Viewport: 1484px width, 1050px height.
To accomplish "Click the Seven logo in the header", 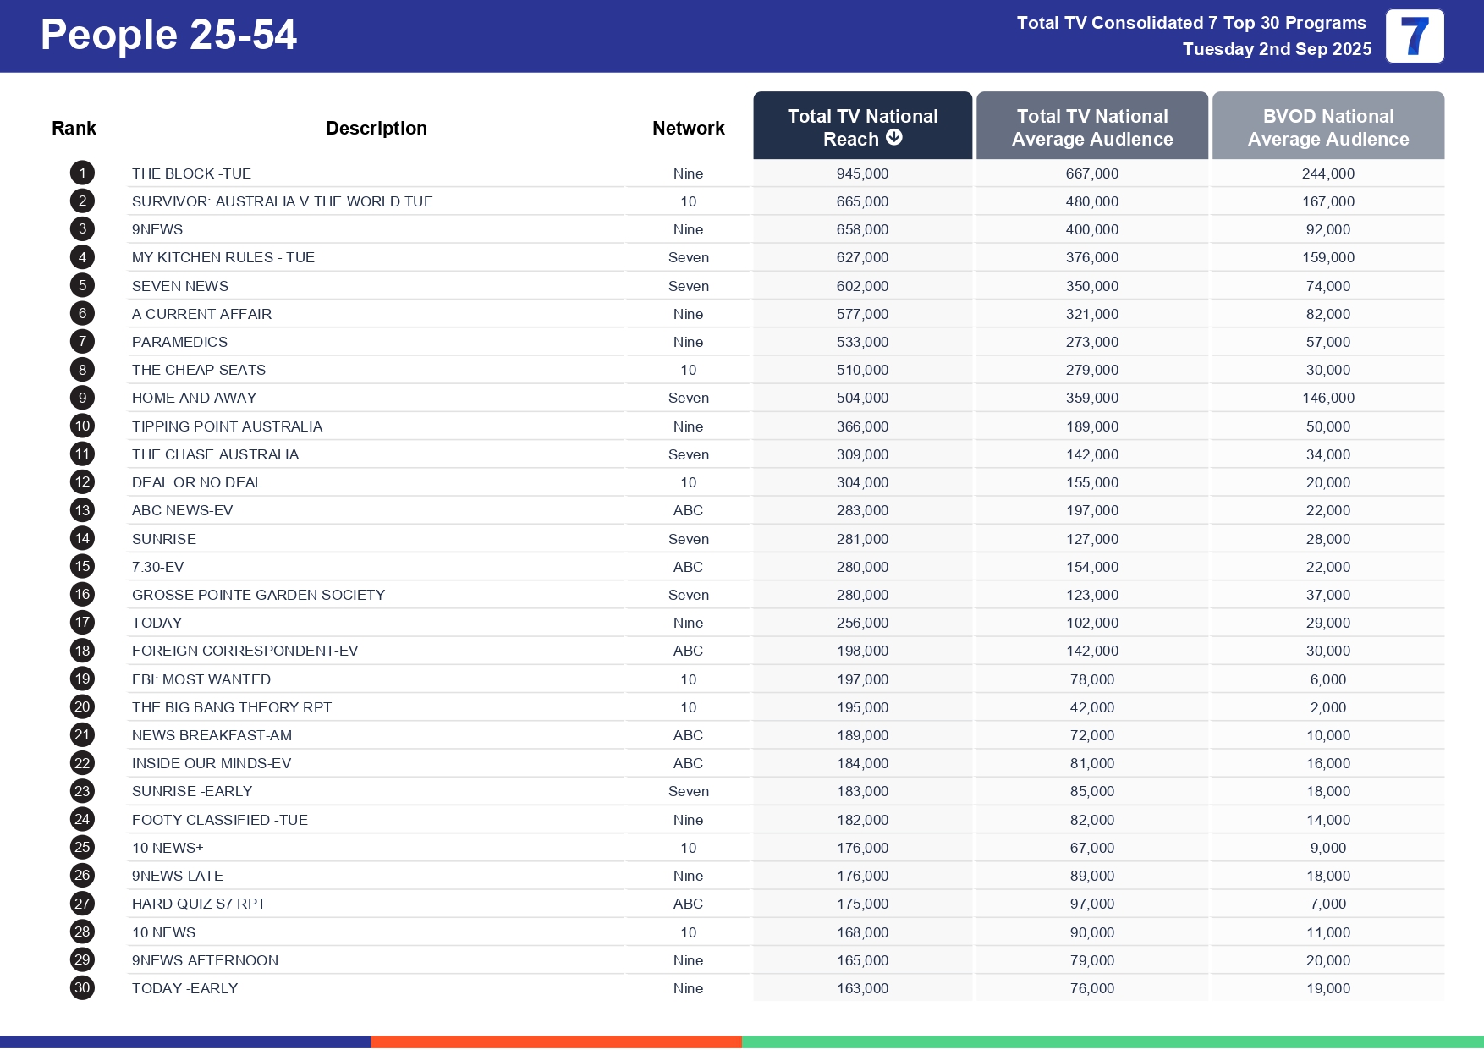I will [1415, 36].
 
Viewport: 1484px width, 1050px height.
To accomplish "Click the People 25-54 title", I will [168, 36].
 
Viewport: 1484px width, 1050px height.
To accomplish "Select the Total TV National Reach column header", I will [862, 126].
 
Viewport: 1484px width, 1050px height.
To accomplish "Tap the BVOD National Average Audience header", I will [1327, 127].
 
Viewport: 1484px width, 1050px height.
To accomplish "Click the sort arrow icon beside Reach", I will [894, 138].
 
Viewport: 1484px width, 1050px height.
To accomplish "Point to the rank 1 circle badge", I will [82, 173].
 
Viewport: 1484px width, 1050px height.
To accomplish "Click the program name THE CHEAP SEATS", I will [199, 370].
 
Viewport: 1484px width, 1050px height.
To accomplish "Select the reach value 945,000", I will [862, 173].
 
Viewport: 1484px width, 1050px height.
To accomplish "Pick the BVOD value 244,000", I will [1327, 173].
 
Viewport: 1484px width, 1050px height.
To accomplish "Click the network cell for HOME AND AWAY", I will [688, 398].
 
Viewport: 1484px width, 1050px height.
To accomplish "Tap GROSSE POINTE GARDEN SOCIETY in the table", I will [258, 595].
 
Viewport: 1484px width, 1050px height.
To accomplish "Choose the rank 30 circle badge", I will [82, 988].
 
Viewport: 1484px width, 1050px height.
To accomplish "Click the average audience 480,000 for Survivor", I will [1091, 201].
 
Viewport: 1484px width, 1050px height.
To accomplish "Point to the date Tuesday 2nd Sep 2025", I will [1277, 49].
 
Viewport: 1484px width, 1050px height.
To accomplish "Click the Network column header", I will [688, 128].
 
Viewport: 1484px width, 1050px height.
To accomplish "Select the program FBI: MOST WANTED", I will [201, 679].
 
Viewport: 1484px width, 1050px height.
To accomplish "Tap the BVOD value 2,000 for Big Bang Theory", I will [1327, 707].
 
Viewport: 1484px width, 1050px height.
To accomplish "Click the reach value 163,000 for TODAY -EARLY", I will [862, 988].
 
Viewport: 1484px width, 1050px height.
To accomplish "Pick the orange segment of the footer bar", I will [556, 1042].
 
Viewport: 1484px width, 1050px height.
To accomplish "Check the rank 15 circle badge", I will [82, 567].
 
